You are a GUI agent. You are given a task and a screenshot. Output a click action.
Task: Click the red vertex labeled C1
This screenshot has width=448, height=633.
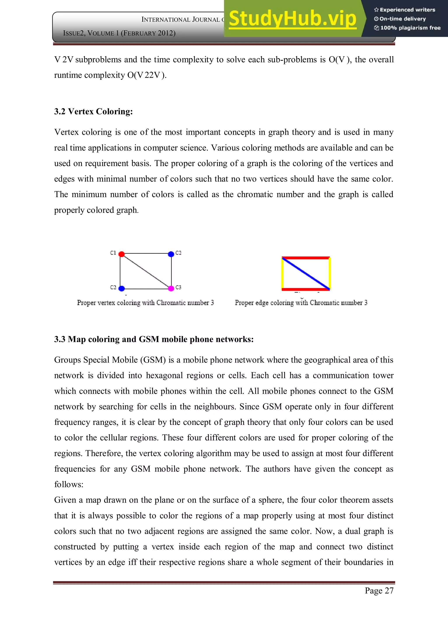coord(121,254)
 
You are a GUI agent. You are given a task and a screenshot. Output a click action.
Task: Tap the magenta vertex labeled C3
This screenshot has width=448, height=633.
coord(171,288)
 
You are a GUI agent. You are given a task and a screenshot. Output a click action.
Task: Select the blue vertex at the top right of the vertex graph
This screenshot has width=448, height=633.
coord(171,254)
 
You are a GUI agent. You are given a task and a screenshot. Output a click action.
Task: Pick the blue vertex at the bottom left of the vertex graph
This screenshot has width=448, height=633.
coord(121,288)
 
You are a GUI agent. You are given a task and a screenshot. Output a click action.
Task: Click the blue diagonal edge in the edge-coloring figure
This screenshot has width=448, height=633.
coord(306,273)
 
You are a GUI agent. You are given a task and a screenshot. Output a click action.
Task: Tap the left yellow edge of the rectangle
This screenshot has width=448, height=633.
coord(282,273)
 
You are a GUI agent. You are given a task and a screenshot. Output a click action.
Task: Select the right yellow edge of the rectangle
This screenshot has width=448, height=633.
coord(329,273)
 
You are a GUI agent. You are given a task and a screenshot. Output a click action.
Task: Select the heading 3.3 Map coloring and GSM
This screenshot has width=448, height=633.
coord(154,339)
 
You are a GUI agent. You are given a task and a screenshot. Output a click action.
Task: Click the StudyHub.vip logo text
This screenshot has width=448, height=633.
coord(292,19)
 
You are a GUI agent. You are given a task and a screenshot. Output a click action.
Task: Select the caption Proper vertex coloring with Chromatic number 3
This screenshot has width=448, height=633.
coord(145,303)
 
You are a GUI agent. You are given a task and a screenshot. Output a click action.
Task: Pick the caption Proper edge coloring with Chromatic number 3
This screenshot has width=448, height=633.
coord(301,303)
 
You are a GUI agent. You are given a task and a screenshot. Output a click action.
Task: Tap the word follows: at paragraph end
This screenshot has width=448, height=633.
coord(69,484)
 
